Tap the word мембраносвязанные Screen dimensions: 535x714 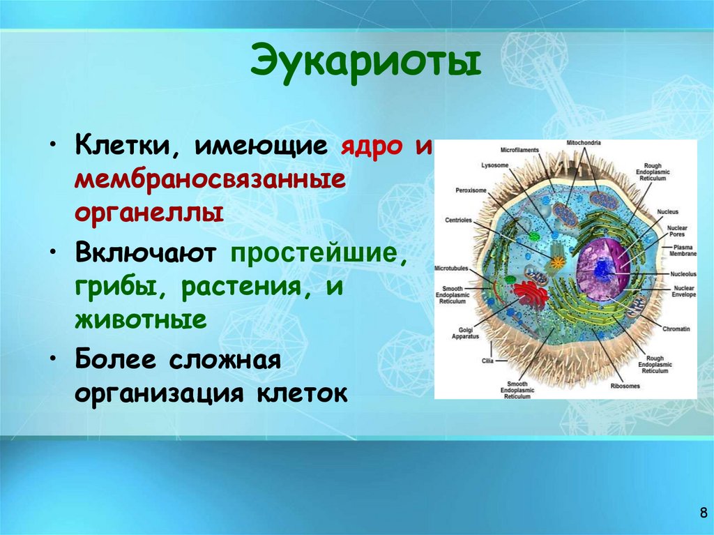[x=211, y=181]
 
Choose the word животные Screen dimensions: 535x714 [x=141, y=321]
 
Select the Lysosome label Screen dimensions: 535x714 [x=496, y=165]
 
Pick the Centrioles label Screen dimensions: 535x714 [x=458, y=220]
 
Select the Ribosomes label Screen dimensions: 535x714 [x=625, y=384]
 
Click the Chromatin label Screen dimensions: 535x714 [x=676, y=328]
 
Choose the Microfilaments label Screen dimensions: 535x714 [x=518, y=149]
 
